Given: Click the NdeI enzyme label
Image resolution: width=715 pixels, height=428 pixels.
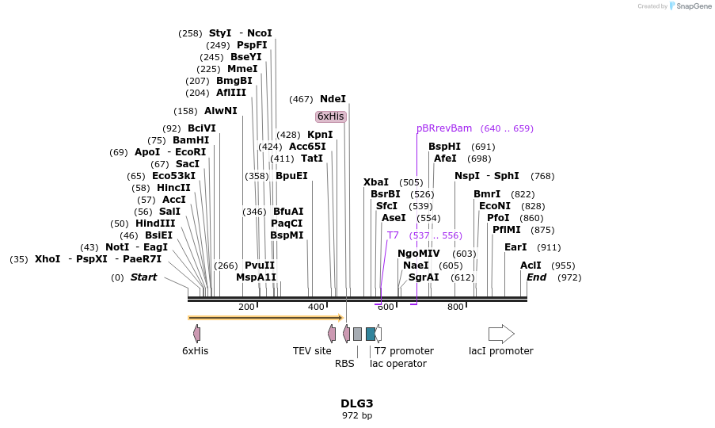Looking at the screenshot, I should [x=333, y=99].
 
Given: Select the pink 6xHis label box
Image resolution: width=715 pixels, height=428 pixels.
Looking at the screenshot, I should [x=331, y=117].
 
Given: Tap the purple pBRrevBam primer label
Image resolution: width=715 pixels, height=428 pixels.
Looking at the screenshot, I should [x=444, y=128].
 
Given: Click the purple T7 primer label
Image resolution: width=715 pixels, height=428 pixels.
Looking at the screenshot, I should [x=393, y=235].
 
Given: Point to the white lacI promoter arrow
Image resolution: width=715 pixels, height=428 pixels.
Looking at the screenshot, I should [x=501, y=334].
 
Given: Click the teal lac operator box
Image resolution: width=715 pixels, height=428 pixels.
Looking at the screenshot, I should [x=371, y=334].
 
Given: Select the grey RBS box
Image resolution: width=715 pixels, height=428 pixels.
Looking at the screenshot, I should [x=357, y=334].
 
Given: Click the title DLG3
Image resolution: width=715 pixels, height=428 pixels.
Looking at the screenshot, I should [x=357, y=403].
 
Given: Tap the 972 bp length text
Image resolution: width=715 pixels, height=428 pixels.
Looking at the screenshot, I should [x=357, y=415].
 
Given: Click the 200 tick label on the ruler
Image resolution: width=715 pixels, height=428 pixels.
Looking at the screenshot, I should [x=246, y=308].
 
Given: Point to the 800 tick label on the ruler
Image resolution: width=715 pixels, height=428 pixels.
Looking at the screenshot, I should [x=455, y=308].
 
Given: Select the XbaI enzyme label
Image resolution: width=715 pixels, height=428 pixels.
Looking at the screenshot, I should [x=376, y=182].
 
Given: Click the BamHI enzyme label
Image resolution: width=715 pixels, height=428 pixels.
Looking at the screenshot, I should [x=191, y=140].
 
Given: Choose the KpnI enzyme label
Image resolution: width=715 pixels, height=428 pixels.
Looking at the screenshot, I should [x=320, y=135].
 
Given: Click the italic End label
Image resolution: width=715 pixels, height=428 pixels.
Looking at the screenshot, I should [x=536, y=277].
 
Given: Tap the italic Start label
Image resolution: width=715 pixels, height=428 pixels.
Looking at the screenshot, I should [x=143, y=277].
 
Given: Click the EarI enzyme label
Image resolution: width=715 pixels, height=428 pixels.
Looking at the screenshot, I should [x=515, y=247].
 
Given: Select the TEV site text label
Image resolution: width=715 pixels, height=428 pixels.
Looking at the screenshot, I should [x=312, y=351].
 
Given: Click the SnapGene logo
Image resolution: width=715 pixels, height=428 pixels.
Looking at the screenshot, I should [x=690, y=6].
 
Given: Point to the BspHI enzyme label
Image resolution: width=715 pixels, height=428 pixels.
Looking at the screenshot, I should [x=444, y=147].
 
